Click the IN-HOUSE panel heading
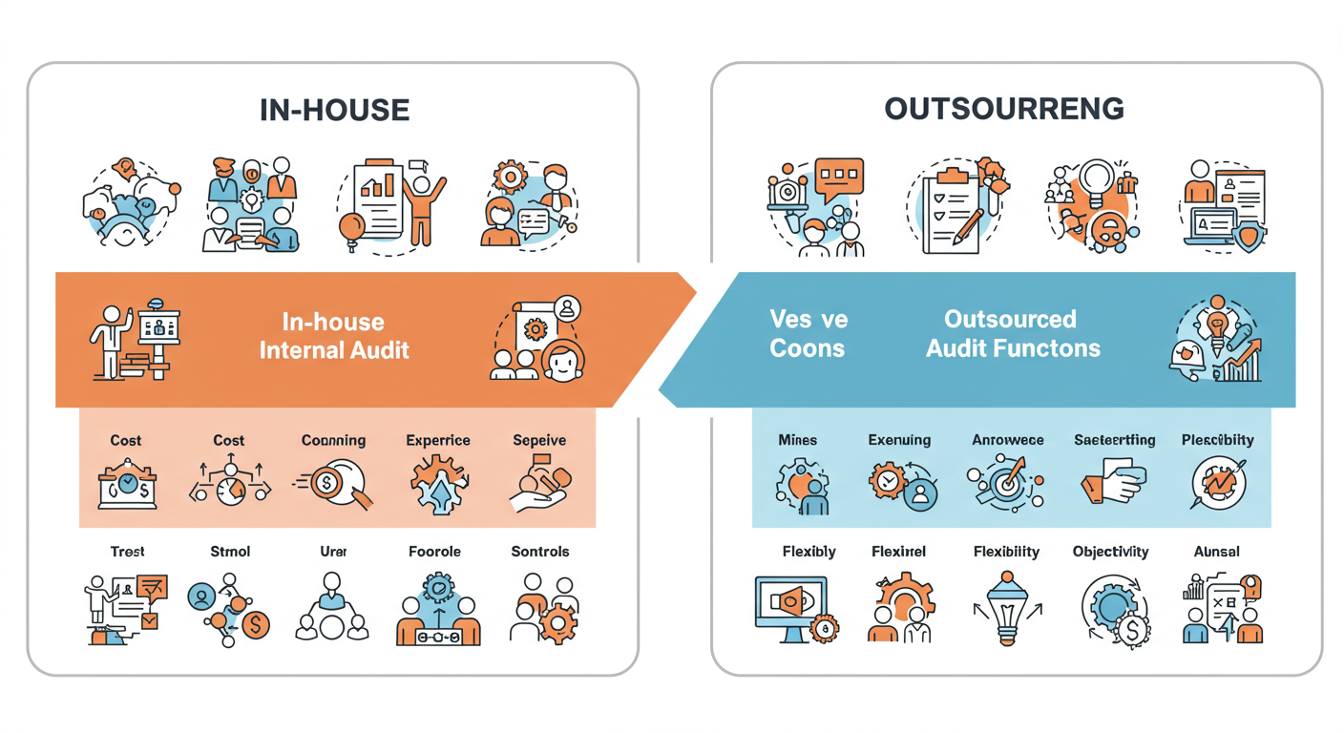[334, 110]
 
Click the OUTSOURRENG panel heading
[1004, 109]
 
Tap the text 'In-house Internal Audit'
[334, 335]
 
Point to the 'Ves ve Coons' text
[808, 333]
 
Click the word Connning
[333, 440]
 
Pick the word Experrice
[438, 440]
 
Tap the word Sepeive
[539, 440]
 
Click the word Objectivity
[1110, 552]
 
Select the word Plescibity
[1217, 440]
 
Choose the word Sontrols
[540, 552]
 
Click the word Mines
[797, 440]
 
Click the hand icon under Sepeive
[539, 485]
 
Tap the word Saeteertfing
[1114, 440]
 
